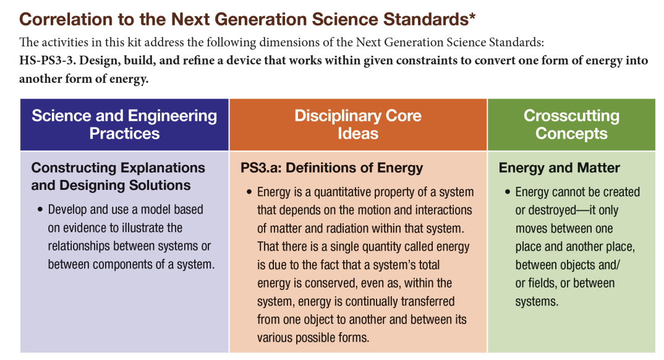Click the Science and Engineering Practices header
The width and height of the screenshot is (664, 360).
[124, 124]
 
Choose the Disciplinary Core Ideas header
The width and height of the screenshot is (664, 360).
[358, 124]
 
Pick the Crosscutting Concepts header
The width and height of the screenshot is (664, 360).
[571, 124]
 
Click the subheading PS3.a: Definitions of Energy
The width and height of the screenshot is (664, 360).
[331, 168]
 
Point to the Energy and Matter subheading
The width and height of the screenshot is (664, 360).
[559, 168]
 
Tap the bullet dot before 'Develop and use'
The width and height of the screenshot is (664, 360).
[40, 210]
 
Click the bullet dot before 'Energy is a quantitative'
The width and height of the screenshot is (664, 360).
[249, 192]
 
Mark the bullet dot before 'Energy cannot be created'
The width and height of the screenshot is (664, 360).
[508, 192]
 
